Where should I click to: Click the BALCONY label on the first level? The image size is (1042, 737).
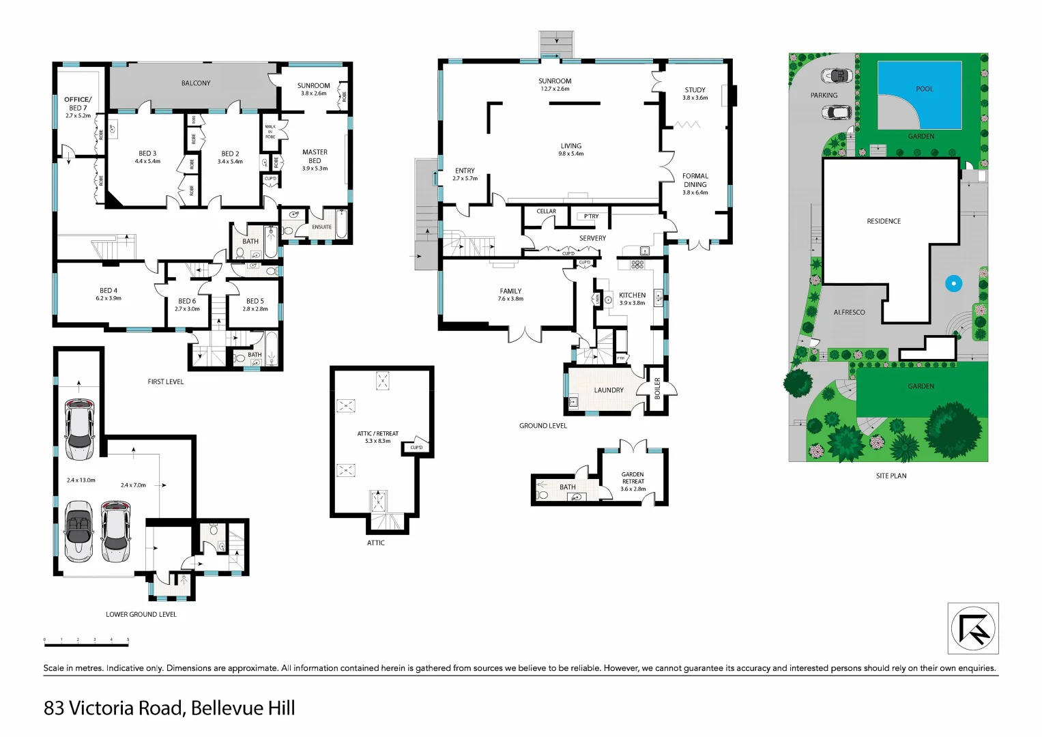click(x=196, y=83)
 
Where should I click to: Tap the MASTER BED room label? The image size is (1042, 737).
click(x=315, y=156)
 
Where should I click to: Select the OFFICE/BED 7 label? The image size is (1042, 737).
click(x=78, y=104)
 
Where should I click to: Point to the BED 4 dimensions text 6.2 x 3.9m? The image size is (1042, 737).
click(x=108, y=298)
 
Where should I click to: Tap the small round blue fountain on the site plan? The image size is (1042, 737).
click(x=953, y=283)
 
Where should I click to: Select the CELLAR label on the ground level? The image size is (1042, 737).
click(x=546, y=212)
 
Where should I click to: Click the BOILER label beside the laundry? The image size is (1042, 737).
click(x=657, y=388)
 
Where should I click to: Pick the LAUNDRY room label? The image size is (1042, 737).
click(x=609, y=390)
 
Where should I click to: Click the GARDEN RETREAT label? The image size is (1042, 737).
click(x=633, y=478)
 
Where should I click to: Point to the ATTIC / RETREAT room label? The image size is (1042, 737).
click(x=377, y=434)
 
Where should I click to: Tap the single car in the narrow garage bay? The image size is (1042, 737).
click(x=79, y=430)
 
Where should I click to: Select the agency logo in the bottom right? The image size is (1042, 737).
click(x=973, y=628)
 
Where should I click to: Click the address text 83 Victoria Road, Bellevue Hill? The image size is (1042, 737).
click(x=169, y=708)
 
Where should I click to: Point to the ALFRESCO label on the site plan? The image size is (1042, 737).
click(x=849, y=313)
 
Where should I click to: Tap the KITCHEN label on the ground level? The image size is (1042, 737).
click(x=632, y=295)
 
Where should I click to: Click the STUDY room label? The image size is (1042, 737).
click(x=695, y=90)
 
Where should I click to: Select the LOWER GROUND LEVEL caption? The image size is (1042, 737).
click(x=141, y=615)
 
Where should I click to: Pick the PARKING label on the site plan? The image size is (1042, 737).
click(x=824, y=96)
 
